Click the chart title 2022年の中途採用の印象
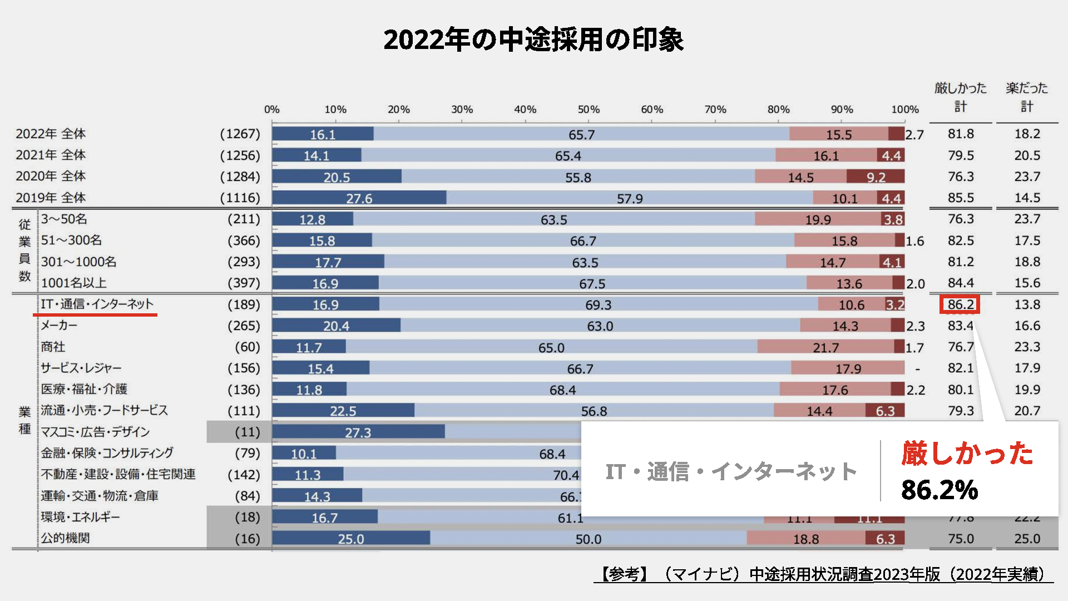pyautogui.click(x=533, y=40)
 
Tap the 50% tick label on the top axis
pyautogui.click(x=589, y=110)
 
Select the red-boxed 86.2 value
pyautogui.click(x=960, y=304)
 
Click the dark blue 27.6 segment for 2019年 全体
pyautogui.click(x=359, y=198)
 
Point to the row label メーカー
pyautogui.click(x=59, y=326)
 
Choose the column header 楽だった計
pyautogui.click(x=1026, y=97)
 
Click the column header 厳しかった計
pyautogui.click(x=960, y=97)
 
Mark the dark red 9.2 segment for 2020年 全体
pyautogui.click(x=876, y=177)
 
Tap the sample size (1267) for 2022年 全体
pyautogui.click(x=240, y=134)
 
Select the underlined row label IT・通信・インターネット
pyautogui.click(x=97, y=304)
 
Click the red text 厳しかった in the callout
pyautogui.click(x=967, y=453)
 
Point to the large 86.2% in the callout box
pyautogui.click(x=940, y=490)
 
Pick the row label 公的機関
pyautogui.click(x=65, y=538)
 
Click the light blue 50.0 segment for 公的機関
pyautogui.click(x=588, y=539)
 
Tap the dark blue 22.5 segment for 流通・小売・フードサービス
pyautogui.click(x=343, y=411)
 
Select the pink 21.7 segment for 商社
pyautogui.click(x=825, y=347)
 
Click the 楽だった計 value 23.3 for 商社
pyautogui.click(x=1027, y=347)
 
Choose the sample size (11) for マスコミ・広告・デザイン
pyautogui.click(x=247, y=432)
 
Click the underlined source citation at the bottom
pyautogui.click(x=823, y=574)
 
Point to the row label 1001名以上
pyautogui.click(x=73, y=283)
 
